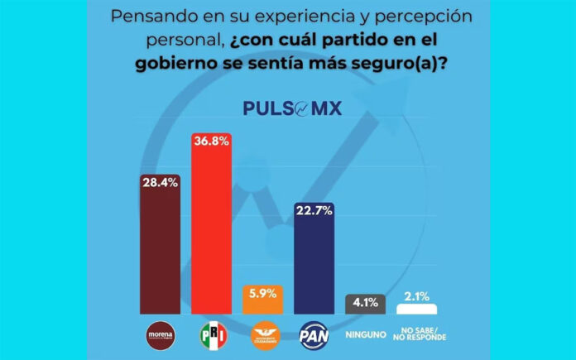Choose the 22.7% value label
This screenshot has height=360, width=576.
coord(314,210)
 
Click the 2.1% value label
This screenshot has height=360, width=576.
coord(417,295)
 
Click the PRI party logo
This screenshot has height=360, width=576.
coord(212,335)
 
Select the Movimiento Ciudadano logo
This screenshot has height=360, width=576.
coord(263,335)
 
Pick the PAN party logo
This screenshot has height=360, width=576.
coord(314,335)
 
